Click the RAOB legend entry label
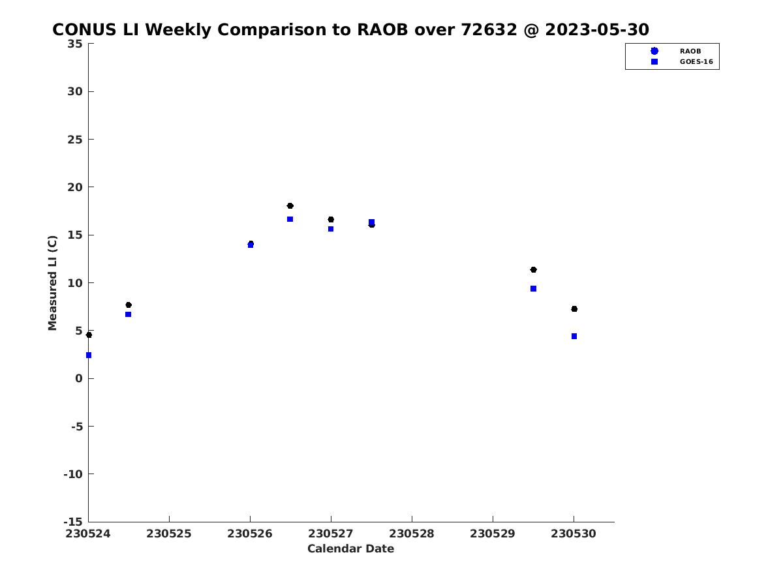[690, 52]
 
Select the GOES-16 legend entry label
[696, 62]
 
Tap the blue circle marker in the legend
[654, 51]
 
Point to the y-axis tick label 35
[75, 44]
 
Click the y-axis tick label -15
[73, 522]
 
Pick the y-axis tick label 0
[79, 378]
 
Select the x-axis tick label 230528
[411, 534]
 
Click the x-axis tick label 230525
[169, 534]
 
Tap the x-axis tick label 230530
[574, 534]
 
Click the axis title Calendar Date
[350, 549]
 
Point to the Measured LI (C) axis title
[52, 283]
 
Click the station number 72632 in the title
[489, 29]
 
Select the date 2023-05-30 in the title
[597, 29]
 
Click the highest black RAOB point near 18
[290, 205]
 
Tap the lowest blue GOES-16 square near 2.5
[89, 355]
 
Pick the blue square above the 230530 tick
[574, 336]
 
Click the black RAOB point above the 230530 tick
[574, 309]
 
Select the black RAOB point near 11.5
[533, 269]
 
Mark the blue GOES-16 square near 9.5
[533, 288]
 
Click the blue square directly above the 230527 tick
[331, 229]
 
